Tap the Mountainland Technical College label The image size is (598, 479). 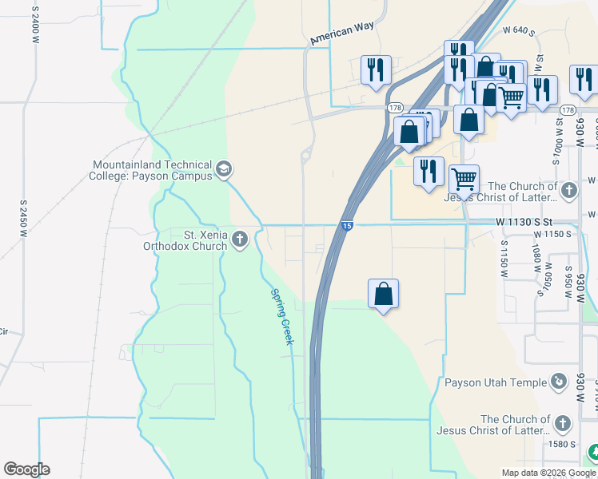point(151,170)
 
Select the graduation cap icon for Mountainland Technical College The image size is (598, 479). point(224,169)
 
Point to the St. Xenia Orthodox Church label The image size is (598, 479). point(184,240)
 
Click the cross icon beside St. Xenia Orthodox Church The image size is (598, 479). point(239,239)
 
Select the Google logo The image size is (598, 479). point(26,469)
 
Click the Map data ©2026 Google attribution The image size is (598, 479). point(548,473)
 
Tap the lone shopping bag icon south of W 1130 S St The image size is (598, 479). point(384,293)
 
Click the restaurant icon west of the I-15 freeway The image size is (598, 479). point(375,69)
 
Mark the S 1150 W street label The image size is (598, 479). point(505,259)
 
